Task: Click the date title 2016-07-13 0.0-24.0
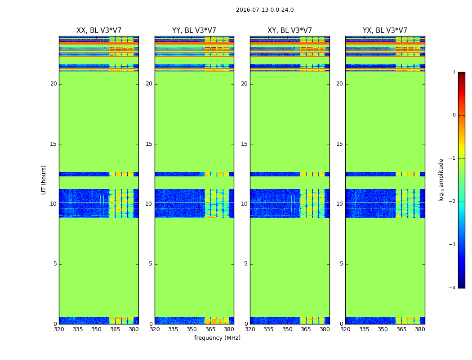pos(265,10)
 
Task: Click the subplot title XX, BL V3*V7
pos(99,31)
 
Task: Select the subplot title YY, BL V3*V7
pos(194,31)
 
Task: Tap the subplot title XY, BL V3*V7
pos(289,31)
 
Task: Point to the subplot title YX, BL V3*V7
pos(385,31)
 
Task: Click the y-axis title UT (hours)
pos(44,180)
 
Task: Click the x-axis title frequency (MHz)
pos(217,338)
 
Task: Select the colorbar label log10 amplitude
pos(441,180)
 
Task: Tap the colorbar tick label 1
pos(454,72)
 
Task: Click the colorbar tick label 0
pos(454,115)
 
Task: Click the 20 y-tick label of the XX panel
pos(53,84)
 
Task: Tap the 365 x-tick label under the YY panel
pos(210,329)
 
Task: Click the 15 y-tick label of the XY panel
pos(244,144)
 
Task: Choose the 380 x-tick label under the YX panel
pos(420,329)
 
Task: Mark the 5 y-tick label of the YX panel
pos(341,264)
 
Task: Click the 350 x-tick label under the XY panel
pos(287,329)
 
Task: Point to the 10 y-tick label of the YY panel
pos(149,204)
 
